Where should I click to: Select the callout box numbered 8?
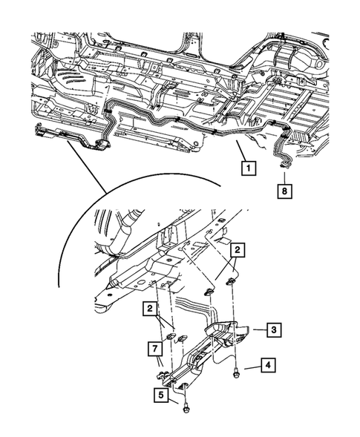tap(284, 191)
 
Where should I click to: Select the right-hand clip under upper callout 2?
tap(231, 281)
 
